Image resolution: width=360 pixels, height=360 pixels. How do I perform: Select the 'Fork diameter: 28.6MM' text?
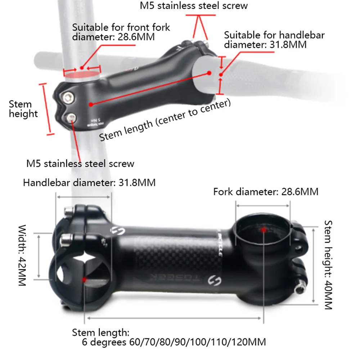tap(266, 192)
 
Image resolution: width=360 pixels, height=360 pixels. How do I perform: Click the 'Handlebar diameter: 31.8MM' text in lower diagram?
tap(89, 183)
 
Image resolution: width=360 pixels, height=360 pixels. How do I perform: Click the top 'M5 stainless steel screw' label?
tap(194, 6)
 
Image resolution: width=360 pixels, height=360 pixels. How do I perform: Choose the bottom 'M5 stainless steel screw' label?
tap(80, 163)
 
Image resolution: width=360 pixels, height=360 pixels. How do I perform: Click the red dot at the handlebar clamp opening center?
tap(85, 279)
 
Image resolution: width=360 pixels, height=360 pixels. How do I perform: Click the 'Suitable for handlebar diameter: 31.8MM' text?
tap(274, 40)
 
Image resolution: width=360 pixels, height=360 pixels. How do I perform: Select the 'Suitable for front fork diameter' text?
tap(121, 32)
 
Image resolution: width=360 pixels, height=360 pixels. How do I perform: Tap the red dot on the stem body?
tap(91, 104)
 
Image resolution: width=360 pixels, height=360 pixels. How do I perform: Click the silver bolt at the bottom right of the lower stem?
tap(299, 288)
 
